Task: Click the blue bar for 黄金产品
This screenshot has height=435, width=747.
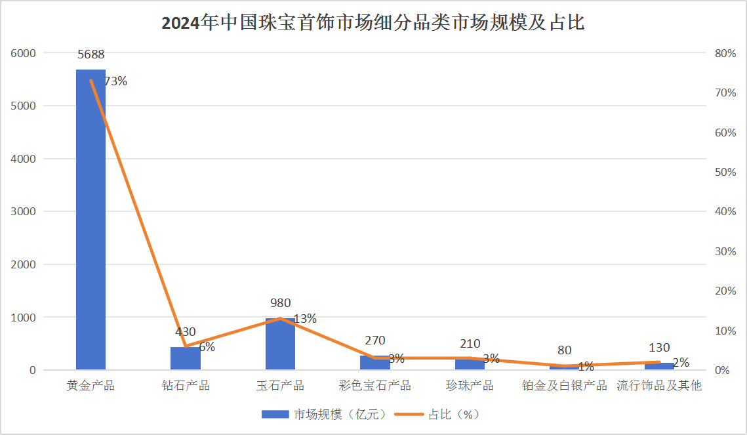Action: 91,219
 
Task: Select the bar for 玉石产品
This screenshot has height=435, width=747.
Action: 280,344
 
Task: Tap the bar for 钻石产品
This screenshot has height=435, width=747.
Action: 186,358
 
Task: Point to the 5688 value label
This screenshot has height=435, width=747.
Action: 91,54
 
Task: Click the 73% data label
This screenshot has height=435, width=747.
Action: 115,81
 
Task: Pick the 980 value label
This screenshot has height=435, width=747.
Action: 280,303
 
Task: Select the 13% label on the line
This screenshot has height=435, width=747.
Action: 305,319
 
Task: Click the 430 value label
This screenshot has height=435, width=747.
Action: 186,332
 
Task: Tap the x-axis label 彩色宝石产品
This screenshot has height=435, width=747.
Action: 375,385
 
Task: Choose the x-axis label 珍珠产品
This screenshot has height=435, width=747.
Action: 470,385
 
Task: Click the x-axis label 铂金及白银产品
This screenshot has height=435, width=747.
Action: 565,385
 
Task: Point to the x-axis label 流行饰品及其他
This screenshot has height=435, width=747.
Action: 659,385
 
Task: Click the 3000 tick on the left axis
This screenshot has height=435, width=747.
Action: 24,211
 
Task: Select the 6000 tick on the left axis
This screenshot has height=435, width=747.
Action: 24,53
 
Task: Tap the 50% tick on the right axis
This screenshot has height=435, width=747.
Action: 725,172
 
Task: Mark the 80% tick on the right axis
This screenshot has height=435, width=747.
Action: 725,53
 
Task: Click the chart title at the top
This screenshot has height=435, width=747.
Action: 373,24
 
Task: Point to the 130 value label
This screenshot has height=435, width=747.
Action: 659,348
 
